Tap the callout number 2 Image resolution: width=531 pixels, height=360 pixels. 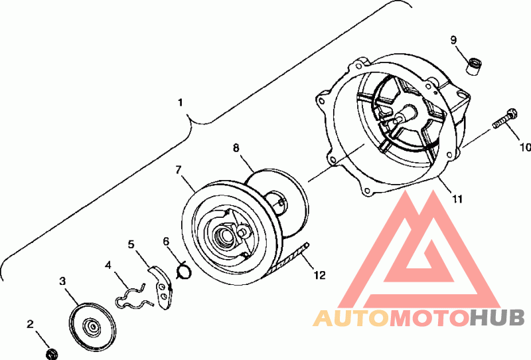[30, 324]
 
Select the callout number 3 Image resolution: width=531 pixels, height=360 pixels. [63, 282]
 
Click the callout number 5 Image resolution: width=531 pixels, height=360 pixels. [131, 244]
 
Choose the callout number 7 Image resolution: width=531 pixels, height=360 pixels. [179, 169]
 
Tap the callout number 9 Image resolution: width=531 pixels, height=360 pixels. [453, 41]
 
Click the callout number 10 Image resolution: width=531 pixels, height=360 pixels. [524, 147]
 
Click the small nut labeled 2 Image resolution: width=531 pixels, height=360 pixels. [50, 353]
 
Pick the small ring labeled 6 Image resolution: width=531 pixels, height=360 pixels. [186, 270]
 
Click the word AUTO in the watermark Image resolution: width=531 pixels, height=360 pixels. [351, 318]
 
